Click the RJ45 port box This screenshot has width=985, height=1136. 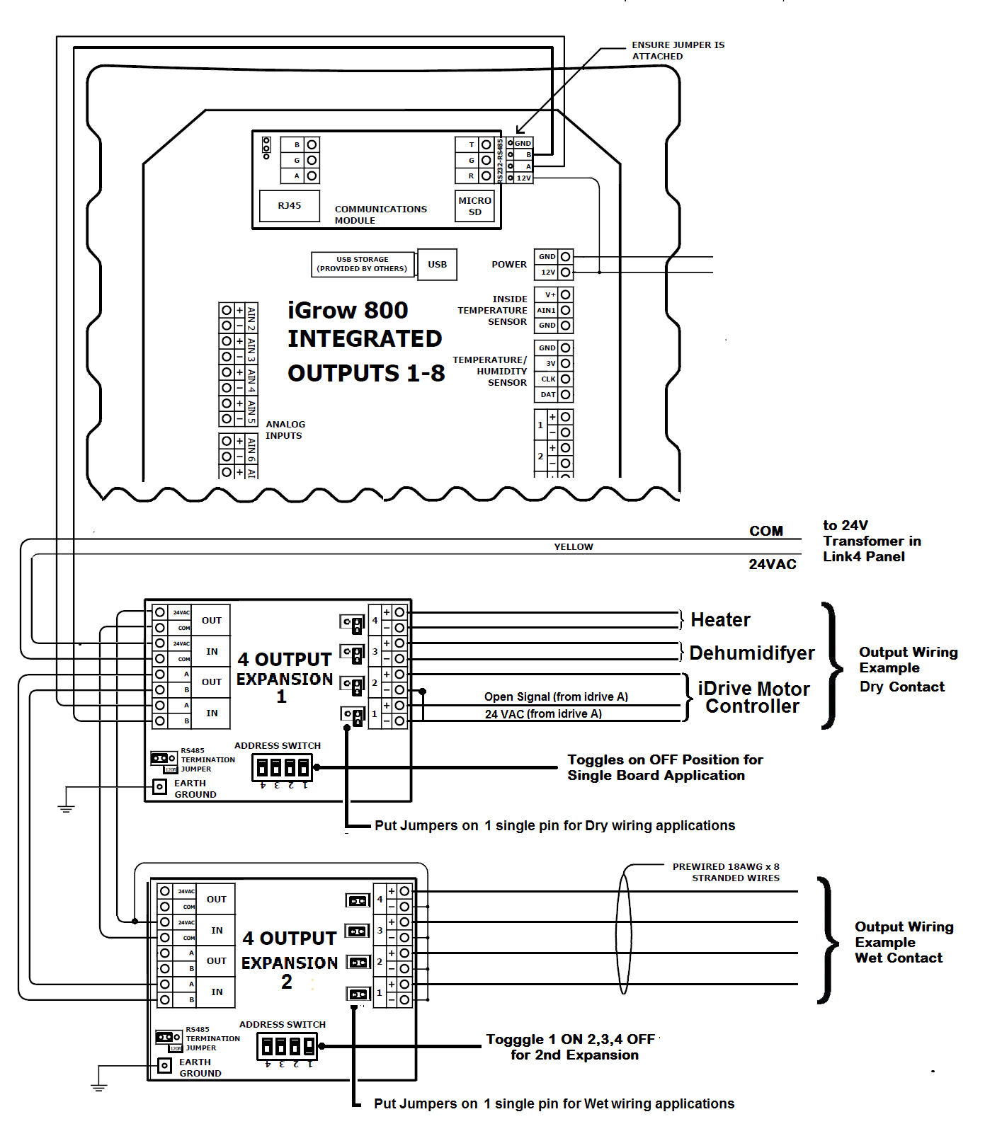pyautogui.click(x=290, y=206)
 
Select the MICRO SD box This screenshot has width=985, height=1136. pyautogui.click(x=474, y=206)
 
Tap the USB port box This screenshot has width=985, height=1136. pyautogui.click(x=437, y=265)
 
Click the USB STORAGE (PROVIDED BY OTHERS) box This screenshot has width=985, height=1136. pyautogui.click(x=362, y=264)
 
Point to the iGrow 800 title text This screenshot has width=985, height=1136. pyautogui.click(x=348, y=310)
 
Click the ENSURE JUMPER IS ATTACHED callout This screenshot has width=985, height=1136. pyautogui.click(x=678, y=50)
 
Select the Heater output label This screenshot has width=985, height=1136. pyautogui.click(x=720, y=620)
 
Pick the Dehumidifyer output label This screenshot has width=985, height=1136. pyautogui.click(x=752, y=653)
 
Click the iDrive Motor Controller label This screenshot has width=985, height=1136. pyautogui.click(x=753, y=697)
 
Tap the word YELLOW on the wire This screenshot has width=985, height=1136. pyautogui.click(x=574, y=547)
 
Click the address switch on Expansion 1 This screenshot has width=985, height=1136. pyautogui.click(x=282, y=767)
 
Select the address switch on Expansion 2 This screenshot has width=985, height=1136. pyautogui.click(x=287, y=1046)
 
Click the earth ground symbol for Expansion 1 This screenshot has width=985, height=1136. pyautogui.click(x=66, y=807)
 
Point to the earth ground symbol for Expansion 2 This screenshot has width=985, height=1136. pyautogui.click(x=99, y=1086)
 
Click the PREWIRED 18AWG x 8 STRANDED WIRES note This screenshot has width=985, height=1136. pyautogui.click(x=726, y=872)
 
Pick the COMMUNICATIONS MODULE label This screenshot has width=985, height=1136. pyautogui.click(x=380, y=214)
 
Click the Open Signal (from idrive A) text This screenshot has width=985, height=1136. pyautogui.click(x=556, y=697)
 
